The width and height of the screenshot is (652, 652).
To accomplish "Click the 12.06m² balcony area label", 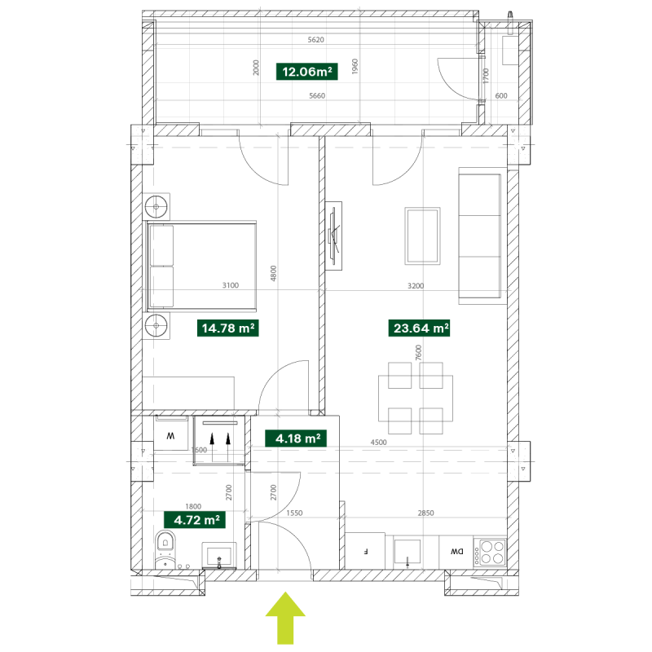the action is (307, 72).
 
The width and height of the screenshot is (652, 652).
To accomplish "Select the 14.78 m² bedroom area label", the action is (228, 328).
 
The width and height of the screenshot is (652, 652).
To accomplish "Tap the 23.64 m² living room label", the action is (419, 328).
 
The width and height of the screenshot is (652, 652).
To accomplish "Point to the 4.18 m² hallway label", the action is (296, 438).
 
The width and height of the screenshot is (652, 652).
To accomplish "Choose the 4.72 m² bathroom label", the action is (195, 520).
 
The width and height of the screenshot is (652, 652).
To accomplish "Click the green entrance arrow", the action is (285, 619).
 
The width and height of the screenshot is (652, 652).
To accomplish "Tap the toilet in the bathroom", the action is (165, 548).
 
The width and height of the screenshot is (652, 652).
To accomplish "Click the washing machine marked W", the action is (171, 434).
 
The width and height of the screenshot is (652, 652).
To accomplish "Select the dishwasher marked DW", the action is (456, 552).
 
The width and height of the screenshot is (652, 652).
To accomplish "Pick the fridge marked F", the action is (365, 552).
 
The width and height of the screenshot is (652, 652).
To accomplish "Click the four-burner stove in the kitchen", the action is (490, 552).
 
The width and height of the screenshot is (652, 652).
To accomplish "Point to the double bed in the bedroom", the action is (201, 267).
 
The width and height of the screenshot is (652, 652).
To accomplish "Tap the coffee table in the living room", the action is (422, 236).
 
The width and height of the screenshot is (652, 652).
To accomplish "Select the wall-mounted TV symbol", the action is (334, 236).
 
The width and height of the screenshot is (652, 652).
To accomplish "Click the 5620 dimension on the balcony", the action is (315, 40).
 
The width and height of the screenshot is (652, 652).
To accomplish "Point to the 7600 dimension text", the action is (418, 353).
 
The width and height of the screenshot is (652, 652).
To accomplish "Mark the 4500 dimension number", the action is (378, 443).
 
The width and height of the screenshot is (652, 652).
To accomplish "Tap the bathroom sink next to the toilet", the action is (219, 555).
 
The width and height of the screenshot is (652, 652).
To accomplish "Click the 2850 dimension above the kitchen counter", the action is (425, 513).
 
